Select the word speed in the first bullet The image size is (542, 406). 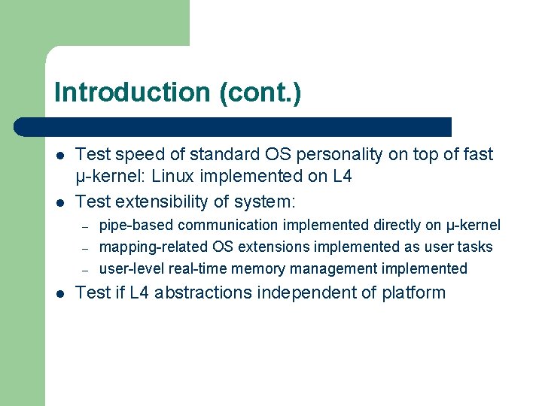click(134, 155)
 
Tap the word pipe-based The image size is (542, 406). click(134, 226)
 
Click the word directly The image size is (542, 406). click(397, 226)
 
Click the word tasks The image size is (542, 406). click(475, 247)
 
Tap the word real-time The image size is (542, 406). click(199, 269)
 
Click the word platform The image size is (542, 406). click(413, 293)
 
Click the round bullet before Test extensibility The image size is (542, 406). click(59, 202)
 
